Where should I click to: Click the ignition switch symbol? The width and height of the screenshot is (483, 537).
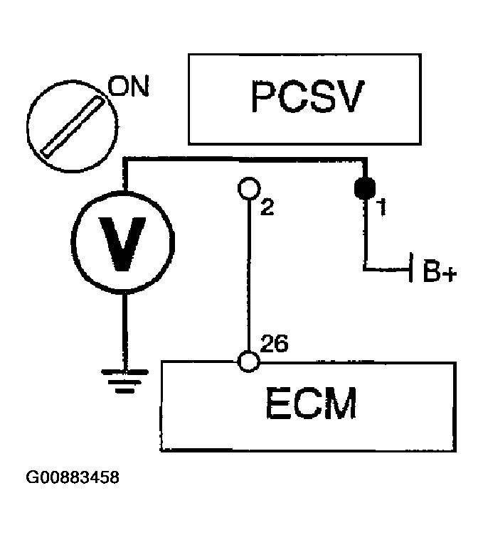click(x=69, y=126)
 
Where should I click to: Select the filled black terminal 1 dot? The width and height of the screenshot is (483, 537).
click(x=365, y=190)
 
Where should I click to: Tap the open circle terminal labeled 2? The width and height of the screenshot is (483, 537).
click(x=248, y=188)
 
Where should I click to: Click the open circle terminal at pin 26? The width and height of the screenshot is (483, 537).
click(x=248, y=361)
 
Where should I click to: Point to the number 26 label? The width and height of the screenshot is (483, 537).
click(x=275, y=345)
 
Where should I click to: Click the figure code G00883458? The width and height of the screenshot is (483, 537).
click(x=73, y=477)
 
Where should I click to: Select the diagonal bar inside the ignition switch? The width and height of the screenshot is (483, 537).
click(x=69, y=126)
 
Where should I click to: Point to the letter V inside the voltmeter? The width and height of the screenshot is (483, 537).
click(x=124, y=242)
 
